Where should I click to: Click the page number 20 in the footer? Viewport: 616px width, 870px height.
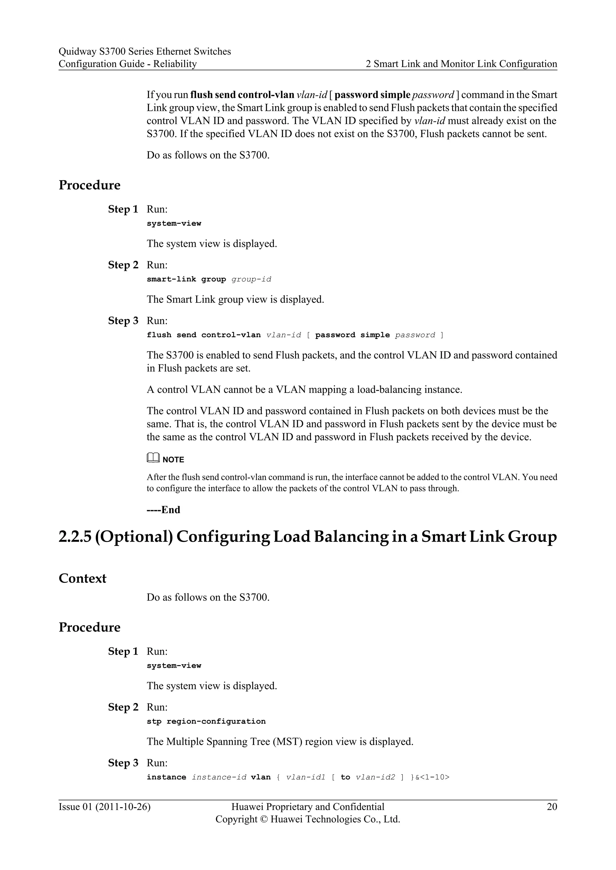click(x=552, y=807)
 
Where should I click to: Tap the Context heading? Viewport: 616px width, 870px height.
click(x=82, y=578)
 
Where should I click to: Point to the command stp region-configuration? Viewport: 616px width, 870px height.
click(x=206, y=721)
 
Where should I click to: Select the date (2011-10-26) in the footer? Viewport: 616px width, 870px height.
click(x=123, y=807)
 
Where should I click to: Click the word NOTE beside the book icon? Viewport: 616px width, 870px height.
click(x=173, y=460)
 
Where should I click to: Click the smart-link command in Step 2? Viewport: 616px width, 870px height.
click(x=171, y=279)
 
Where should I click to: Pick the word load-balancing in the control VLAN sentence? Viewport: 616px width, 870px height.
click(x=389, y=390)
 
